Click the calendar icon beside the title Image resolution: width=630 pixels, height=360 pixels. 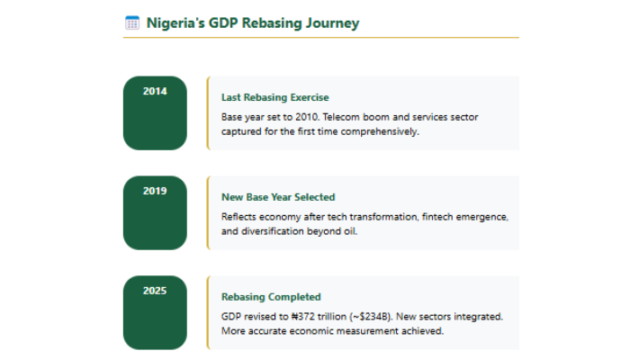pos(132,23)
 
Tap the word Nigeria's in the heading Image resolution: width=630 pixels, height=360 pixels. pos(175,23)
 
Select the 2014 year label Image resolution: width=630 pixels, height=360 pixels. pos(155,91)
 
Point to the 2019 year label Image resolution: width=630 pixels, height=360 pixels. pos(155,191)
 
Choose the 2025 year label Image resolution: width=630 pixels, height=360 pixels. pos(155,291)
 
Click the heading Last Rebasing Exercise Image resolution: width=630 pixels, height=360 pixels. pos(274,97)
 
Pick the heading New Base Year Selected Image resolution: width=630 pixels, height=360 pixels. pos(278,197)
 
